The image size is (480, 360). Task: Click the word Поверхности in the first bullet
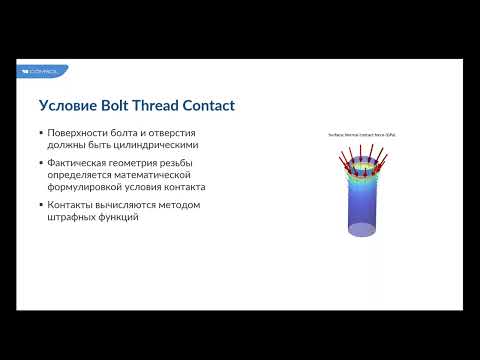pyautogui.click(x=78, y=132)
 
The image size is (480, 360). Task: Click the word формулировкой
pyautogui.click(x=89, y=187)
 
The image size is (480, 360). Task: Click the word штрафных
pyautogui.click(x=73, y=218)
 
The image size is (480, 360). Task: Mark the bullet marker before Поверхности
pyautogui.click(x=41, y=132)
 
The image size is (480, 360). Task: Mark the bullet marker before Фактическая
pyautogui.click(x=41, y=162)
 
